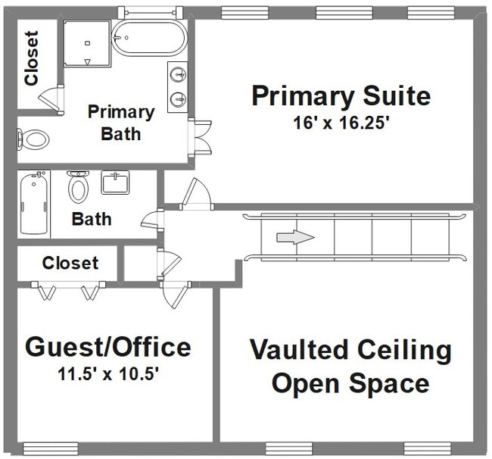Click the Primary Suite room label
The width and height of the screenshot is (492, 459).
click(x=341, y=96)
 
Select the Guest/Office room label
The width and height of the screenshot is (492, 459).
click(x=108, y=347)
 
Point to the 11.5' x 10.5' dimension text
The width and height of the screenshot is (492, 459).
click(x=108, y=373)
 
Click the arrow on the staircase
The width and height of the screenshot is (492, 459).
click(x=295, y=237)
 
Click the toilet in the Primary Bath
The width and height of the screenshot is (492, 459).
click(x=33, y=139)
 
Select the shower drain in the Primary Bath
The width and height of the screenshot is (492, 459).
click(x=88, y=43)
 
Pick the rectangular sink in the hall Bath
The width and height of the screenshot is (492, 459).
click(x=115, y=183)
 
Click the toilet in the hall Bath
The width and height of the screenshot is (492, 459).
click(x=78, y=187)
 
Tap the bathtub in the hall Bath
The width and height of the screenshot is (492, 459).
click(x=34, y=203)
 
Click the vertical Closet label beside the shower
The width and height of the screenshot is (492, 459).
click(x=32, y=58)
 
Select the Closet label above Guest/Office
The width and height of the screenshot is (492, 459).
click(x=70, y=263)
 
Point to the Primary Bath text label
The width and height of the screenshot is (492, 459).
click(x=121, y=123)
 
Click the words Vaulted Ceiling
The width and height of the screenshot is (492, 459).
click(x=350, y=351)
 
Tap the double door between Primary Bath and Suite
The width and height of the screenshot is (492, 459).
click(x=200, y=137)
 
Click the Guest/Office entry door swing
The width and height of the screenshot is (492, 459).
click(x=175, y=295)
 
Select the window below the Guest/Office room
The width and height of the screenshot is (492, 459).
click(x=51, y=448)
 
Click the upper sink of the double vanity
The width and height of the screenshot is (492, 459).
click(x=178, y=75)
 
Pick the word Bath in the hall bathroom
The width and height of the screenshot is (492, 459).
click(x=92, y=219)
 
